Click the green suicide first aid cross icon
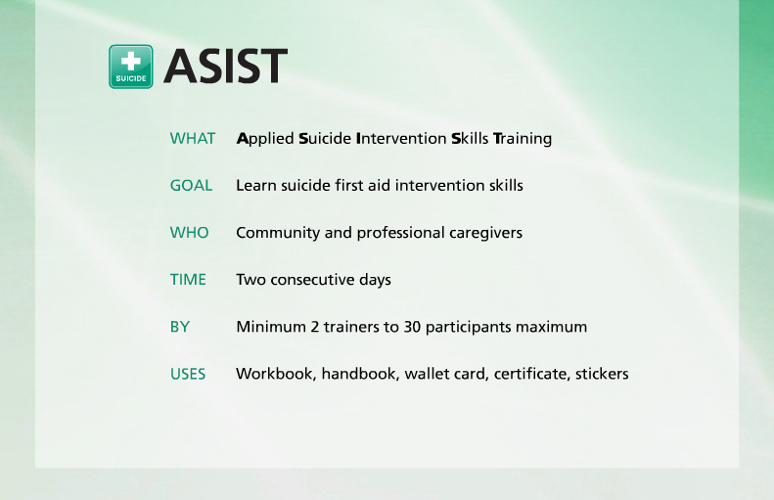point(131,67)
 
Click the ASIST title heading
point(225,67)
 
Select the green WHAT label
point(193,139)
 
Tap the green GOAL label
point(191,186)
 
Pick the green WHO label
point(190,233)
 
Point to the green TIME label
point(188,280)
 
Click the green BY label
point(180,327)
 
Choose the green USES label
point(188,374)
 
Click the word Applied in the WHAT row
point(265,139)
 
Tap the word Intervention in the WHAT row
point(401,139)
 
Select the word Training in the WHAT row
point(523,139)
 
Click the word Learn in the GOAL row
point(255,186)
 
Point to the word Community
point(277,233)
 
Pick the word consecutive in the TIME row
point(315,280)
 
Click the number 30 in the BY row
point(412,327)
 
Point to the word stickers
point(602,374)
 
